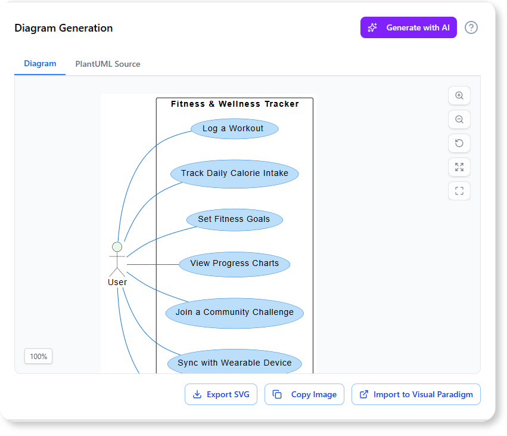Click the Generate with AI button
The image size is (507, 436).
pos(408,27)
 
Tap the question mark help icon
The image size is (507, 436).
pos(471,27)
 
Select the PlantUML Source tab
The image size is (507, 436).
pos(108,64)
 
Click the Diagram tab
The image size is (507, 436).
pos(40,64)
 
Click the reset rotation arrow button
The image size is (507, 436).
pos(459,143)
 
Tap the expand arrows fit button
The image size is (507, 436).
pos(459,167)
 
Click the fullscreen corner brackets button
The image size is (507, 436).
pos(459,191)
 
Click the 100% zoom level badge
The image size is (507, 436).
pos(39,356)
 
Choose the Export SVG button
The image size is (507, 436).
pos(221,394)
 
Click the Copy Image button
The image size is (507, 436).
pos(304,394)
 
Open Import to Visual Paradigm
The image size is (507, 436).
pos(416,394)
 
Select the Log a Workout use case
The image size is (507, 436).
pos(235,128)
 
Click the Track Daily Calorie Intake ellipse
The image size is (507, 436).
pos(235,174)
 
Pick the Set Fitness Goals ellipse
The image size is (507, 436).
pos(234,219)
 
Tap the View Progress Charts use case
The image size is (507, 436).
pos(235,264)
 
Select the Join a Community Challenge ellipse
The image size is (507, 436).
pos(235,313)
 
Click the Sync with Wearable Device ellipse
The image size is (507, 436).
pos(235,363)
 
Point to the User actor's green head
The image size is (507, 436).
pos(117,247)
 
